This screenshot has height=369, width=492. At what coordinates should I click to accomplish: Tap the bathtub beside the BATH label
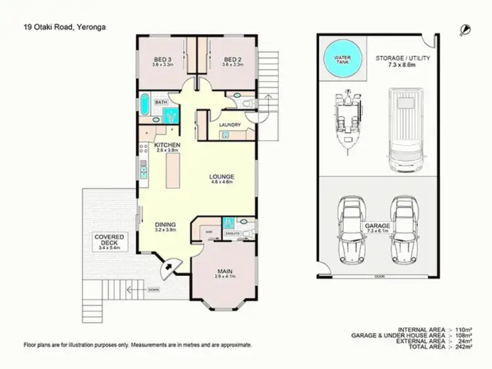(x=144, y=104)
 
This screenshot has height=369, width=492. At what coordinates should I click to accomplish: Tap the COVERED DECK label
(x=106, y=240)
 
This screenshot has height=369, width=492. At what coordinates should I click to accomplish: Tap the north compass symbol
(x=465, y=28)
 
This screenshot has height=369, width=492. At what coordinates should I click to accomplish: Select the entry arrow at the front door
(x=169, y=267)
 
